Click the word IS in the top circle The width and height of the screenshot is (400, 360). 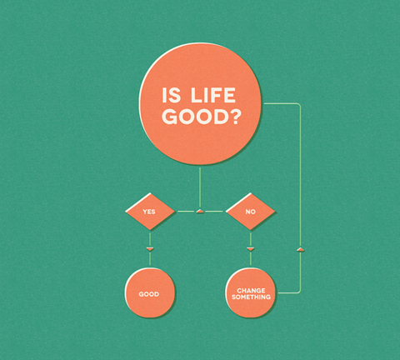pyautogui.click(x=171, y=95)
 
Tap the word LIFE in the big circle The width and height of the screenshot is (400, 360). pyautogui.click(x=213, y=95)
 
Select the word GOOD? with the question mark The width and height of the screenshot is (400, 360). pyautogui.click(x=201, y=117)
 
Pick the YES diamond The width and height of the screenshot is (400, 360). pyautogui.click(x=150, y=212)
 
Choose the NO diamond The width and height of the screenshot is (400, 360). pyautogui.click(x=250, y=212)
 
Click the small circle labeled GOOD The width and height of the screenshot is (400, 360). pyautogui.click(x=150, y=292)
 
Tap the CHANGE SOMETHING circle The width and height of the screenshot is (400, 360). pyautogui.click(x=251, y=292)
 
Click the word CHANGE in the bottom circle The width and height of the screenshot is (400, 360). pyautogui.click(x=251, y=291)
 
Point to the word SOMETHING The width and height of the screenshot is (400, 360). pyautogui.click(x=251, y=297)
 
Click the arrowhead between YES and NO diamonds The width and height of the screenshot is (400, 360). pyautogui.click(x=200, y=212)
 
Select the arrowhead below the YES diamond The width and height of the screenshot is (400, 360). pyautogui.click(x=150, y=249)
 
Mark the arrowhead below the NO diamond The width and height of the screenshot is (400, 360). pyautogui.click(x=251, y=249)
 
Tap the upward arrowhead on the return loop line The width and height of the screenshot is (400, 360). pyautogui.click(x=300, y=249)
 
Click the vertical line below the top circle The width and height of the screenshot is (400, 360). pyautogui.click(x=200, y=187)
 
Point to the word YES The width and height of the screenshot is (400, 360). pyautogui.click(x=149, y=212)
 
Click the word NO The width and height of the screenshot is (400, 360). pyautogui.click(x=250, y=212)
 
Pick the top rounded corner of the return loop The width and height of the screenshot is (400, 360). pyautogui.click(x=299, y=105)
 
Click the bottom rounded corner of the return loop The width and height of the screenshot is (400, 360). pyautogui.click(x=299, y=292)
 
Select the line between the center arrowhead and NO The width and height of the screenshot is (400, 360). pyautogui.click(x=214, y=212)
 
